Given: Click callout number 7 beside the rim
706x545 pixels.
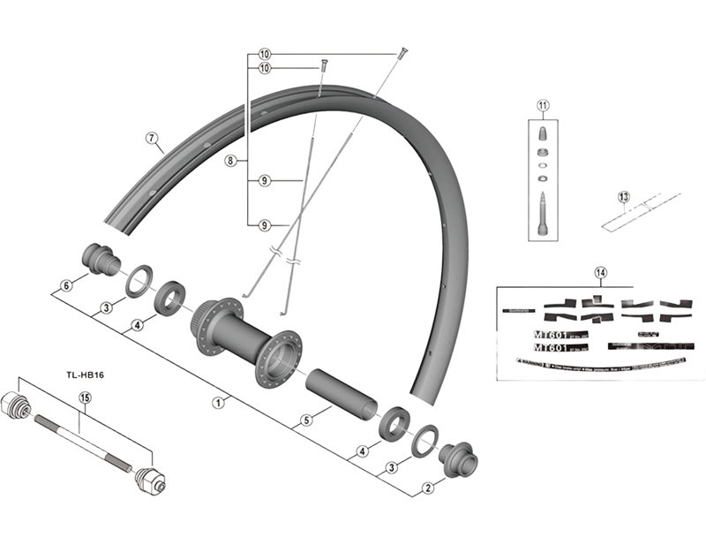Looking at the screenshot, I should point(151,138).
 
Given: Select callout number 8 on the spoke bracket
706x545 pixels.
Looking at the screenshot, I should point(229,161).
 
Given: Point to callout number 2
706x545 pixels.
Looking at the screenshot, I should point(428,487).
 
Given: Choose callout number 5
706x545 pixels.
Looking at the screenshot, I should point(305,420).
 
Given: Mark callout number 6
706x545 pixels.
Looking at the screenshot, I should point(64,285).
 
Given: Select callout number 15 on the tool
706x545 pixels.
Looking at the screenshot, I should point(85,398).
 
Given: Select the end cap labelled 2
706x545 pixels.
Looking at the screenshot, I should point(460,457).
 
